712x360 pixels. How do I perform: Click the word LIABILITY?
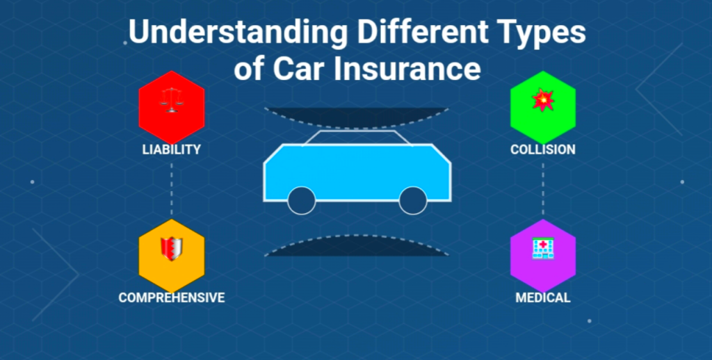pyautogui.click(x=171, y=149)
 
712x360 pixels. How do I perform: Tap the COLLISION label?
pyautogui.click(x=542, y=149)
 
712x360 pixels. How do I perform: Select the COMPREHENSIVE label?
pyautogui.click(x=172, y=298)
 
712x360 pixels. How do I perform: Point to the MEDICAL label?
pyautogui.click(x=542, y=298)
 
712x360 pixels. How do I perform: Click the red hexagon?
pyautogui.click(x=172, y=107)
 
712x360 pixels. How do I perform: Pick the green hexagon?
pyautogui.click(x=543, y=107)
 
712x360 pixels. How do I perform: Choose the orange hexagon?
pyautogui.click(x=172, y=256)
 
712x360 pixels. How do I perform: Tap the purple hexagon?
pyautogui.click(x=543, y=256)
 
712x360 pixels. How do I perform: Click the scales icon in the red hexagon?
pyautogui.click(x=171, y=100)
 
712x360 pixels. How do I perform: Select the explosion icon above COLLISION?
pyautogui.click(x=543, y=100)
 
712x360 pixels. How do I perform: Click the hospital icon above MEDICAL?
pyautogui.click(x=543, y=249)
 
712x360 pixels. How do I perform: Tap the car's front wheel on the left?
pyautogui.click(x=302, y=200)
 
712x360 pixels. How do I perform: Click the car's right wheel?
pyautogui.click(x=413, y=200)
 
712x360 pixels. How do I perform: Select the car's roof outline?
pyautogui.click(x=357, y=131)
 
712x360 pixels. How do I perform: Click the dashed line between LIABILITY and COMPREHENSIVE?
pyautogui.click(x=171, y=189)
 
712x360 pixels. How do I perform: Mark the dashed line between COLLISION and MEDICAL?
pyautogui.click(x=543, y=189)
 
